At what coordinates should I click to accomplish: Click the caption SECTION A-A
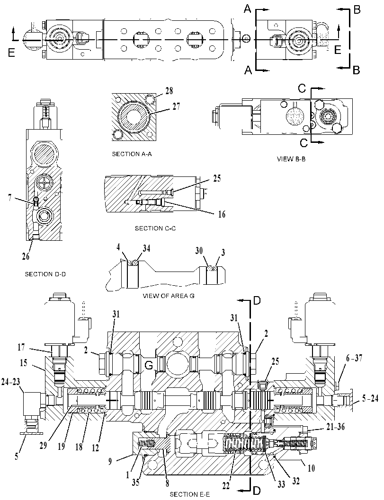pos(132,154)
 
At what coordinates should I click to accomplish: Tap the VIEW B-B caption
pos(291,159)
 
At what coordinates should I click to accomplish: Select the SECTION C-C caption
pos(155,228)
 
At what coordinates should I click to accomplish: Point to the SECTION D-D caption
pos(45,274)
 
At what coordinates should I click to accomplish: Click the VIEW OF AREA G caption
pos(169,296)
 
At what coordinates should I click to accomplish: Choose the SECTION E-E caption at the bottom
pos(189,494)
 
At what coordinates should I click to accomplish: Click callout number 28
pos(169,91)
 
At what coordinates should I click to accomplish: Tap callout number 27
pos(176,106)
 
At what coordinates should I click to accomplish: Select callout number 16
pos(222,214)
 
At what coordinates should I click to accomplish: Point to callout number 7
pos(10,198)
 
